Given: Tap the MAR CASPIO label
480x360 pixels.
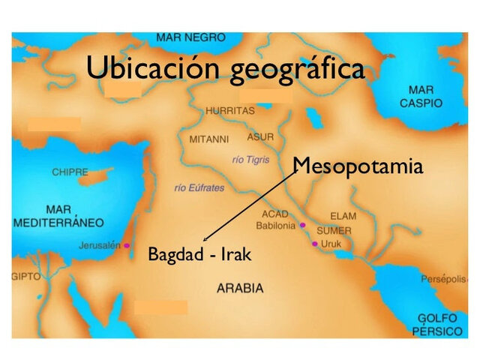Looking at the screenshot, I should click(421, 97).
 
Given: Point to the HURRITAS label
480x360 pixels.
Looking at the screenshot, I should click(229, 111).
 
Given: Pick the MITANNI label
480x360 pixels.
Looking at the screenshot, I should click(209, 139).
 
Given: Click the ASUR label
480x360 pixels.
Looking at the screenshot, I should click(260, 138).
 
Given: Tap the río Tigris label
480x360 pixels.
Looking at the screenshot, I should click(250, 160).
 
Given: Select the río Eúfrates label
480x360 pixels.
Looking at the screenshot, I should click(199, 187).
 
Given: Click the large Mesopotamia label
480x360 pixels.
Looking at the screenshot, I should click(358, 166).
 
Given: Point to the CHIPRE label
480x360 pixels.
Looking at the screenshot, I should click(70, 172).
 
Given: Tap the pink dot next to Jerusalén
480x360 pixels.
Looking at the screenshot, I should click(127, 245).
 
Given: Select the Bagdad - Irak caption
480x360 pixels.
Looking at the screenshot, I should click(199, 255).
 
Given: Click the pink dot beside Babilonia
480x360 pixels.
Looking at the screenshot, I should click(302, 225).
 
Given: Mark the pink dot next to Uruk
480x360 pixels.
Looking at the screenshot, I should click(314, 244).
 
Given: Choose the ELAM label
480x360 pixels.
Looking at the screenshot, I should click(343, 216).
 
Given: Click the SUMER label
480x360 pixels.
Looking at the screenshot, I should click(334, 231).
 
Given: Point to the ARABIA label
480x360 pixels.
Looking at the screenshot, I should click(240, 288).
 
